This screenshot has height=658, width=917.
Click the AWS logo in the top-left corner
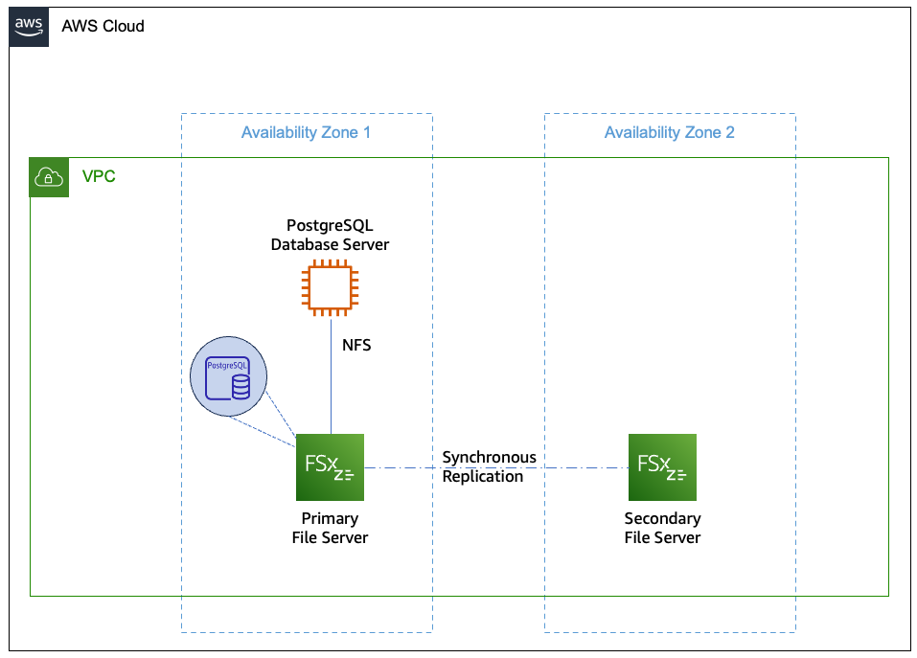[29, 27]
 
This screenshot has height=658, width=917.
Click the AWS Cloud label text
[103, 27]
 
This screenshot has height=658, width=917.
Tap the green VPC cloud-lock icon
[49, 177]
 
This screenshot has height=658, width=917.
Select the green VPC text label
[99, 177]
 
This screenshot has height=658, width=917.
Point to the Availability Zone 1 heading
[306, 132]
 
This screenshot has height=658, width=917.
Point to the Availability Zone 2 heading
[669, 132]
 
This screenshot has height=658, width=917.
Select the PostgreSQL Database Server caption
[331, 236]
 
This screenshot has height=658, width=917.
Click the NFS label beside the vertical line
[356, 345]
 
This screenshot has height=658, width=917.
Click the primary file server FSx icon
[331, 467]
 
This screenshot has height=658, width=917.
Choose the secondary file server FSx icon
[662, 467]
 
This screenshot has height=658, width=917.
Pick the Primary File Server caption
[331, 529]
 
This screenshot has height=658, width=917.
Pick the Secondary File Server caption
[662, 529]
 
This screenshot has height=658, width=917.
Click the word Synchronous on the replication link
[489, 458]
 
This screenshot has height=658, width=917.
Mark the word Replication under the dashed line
[483, 477]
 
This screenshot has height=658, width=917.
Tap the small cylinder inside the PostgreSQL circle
[241, 386]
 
